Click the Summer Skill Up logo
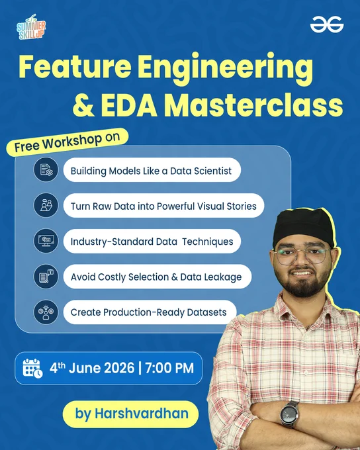pyautogui.click(x=31, y=26)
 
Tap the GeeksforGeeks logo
pyautogui.click(x=327, y=24)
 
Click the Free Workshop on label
pyautogui.click(x=67, y=142)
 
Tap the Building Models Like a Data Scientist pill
pyautogui.click(x=152, y=170)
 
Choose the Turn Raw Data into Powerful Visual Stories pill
pyautogui.click(x=163, y=206)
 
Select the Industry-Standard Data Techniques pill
pyautogui.click(x=152, y=241)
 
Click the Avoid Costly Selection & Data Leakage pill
pyautogui.click(x=157, y=277)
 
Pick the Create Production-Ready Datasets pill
pyautogui.click(x=150, y=312)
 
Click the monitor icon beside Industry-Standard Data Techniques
pyautogui.click(x=46, y=241)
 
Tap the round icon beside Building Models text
pyautogui.click(x=46, y=169)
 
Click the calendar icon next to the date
pyautogui.click(x=32, y=368)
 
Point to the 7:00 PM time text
pyautogui.click(x=169, y=368)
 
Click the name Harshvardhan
pyautogui.click(x=142, y=414)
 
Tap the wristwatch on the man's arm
pyautogui.click(x=289, y=414)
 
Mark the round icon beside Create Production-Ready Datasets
pyautogui.click(x=46, y=312)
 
